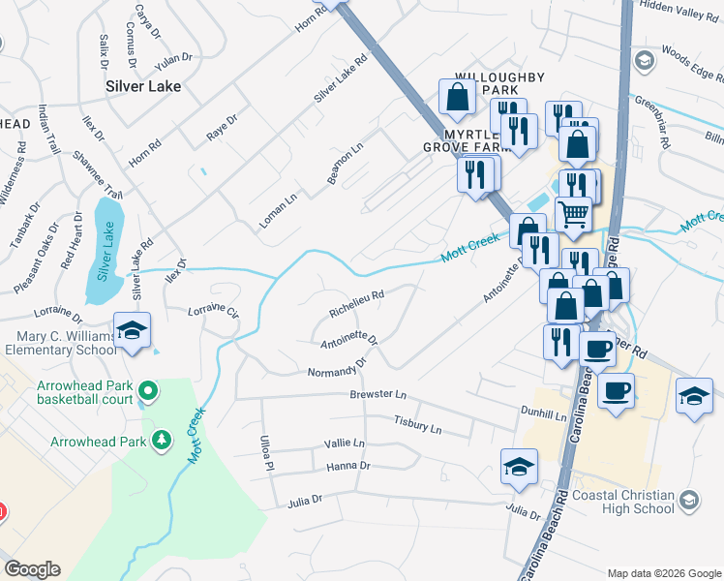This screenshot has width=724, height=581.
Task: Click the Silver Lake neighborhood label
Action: tap(143, 86)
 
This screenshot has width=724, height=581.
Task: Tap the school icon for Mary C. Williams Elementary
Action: tap(132, 331)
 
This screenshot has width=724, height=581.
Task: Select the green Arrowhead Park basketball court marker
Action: tap(147, 391)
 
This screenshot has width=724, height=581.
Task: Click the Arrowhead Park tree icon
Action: tap(162, 442)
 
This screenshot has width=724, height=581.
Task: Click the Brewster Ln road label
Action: tap(377, 395)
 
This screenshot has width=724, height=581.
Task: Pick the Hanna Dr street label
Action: tap(348, 466)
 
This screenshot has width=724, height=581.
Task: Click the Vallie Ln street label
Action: tap(345, 443)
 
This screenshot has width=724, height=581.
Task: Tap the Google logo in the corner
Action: tap(32, 569)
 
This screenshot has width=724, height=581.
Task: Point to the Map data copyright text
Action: tap(663, 572)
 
